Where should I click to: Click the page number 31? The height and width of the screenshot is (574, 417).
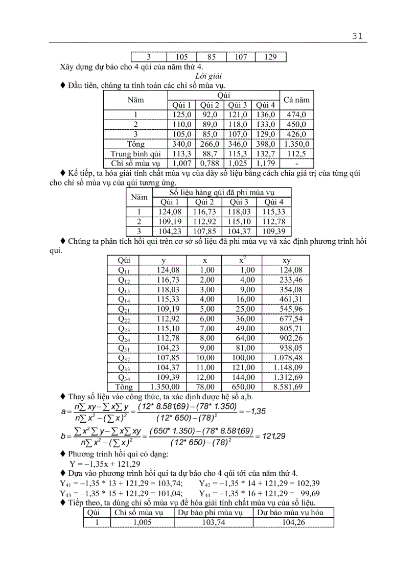point(357,36)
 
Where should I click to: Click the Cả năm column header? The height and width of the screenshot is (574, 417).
point(296,100)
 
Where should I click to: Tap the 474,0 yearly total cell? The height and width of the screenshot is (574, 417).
point(296,114)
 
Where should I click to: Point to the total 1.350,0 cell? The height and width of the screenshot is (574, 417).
point(296,144)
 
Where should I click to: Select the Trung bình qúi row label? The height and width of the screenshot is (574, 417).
point(135,154)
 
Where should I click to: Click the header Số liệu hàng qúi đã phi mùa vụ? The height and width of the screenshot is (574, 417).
point(222,192)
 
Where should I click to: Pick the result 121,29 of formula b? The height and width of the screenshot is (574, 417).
point(271,436)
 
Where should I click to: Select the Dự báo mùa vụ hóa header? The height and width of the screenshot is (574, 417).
point(293,513)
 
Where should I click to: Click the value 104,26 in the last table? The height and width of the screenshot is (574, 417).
point(293,522)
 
